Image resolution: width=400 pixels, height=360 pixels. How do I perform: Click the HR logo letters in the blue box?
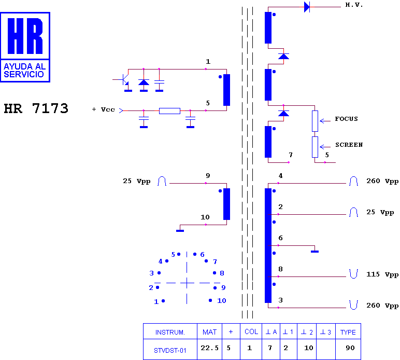click(x=25, y=36)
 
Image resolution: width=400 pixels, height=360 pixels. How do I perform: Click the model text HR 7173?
click(x=36, y=108)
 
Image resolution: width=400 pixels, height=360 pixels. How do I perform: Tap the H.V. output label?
click(x=354, y=5)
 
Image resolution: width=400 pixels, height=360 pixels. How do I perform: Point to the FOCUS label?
click(x=346, y=119)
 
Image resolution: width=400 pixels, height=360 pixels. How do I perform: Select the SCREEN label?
click(x=349, y=145)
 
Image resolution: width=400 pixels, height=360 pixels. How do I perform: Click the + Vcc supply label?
click(x=103, y=109)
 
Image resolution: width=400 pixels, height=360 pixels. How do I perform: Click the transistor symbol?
click(x=124, y=80)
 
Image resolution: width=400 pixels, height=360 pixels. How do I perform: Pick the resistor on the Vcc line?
click(x=169, y=111)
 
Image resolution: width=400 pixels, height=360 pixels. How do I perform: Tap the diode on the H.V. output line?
click(x=307, y=7)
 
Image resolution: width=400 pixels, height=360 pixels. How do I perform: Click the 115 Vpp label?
click(x=382, y=274)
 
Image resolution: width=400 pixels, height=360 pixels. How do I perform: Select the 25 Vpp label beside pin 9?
click(x=136, y=181)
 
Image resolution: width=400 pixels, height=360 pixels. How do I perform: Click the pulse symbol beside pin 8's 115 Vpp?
click(x=353, y=274)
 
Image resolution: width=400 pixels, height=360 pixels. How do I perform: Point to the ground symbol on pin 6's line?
click(x=315, y=252)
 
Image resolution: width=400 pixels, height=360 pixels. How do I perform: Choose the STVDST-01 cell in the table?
click(x=170, y=349)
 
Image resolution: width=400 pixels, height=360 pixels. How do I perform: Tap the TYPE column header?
click(x=348, y=331)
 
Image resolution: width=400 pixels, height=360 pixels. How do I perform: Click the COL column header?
click(x=251, y=331)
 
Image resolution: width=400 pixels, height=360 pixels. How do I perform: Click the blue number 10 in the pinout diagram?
click(x=221, y=300)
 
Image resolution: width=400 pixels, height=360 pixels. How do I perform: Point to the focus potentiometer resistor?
click(x=315, y=121)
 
